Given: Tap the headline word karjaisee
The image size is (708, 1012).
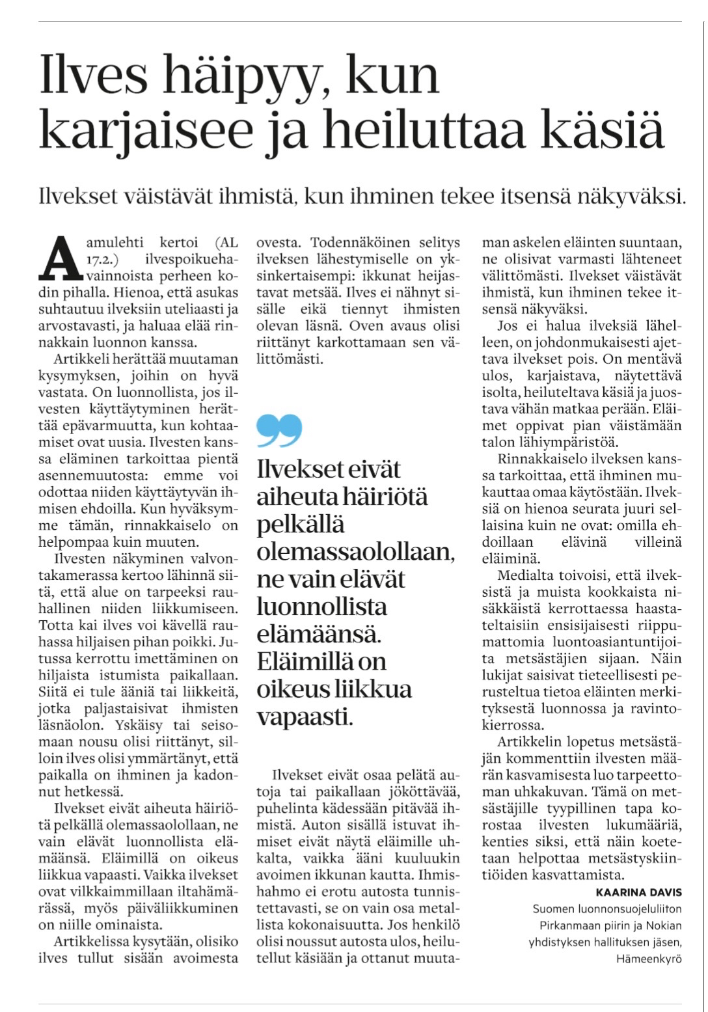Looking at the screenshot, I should click(x=145, y=130).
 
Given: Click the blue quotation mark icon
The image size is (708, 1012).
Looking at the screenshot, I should click(x=279, y=430).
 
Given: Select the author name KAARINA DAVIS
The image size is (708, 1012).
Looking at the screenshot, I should click(x=638, y=892).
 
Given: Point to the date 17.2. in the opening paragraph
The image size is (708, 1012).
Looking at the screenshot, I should click(x=99, y=260).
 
